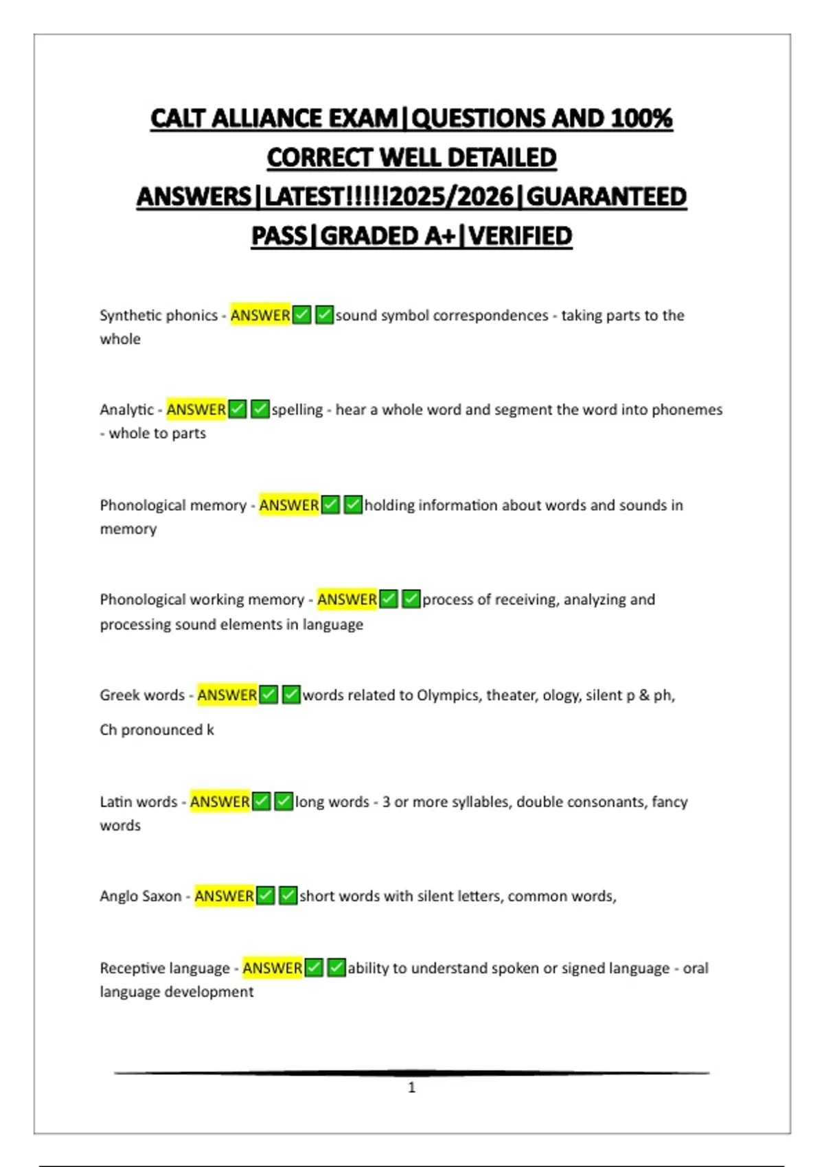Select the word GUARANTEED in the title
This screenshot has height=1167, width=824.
(606, 197)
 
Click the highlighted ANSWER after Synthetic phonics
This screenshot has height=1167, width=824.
(260, 315)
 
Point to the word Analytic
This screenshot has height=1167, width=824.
(127, 410)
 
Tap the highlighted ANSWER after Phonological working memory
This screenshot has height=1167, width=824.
(347, 599)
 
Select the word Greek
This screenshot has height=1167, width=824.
(120, 695)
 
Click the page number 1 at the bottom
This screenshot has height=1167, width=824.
(412, 1087)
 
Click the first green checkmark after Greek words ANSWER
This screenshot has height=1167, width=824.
(269, 695)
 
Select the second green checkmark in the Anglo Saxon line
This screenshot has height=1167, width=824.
(288, 896)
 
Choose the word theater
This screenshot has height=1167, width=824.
(510, 695)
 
